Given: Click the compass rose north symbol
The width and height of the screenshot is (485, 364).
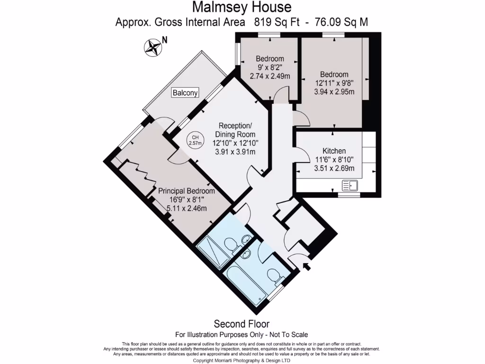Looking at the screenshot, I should (x=153, y=46).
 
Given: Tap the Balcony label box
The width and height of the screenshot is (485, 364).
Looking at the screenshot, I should (x=185, y=93).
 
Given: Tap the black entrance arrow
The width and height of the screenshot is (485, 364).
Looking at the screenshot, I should (x=306, y=266).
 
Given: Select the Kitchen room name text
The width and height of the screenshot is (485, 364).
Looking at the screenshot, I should (x=334, y=151).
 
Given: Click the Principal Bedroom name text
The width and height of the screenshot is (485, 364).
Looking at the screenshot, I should (x=186, y=191).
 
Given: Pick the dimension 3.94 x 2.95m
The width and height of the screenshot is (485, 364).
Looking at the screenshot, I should (x=334, y=91).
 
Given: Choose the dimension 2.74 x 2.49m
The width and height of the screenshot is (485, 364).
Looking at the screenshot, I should (x=270, y=76).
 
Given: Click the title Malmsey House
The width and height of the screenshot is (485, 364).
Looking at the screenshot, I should (x=242, y=8).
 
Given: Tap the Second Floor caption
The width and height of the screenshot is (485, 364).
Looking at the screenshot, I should (x=242, y=324).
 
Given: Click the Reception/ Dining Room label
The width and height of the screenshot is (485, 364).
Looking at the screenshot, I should (x=235, y=130).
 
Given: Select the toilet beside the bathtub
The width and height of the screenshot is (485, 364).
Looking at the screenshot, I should (x=274, y=275).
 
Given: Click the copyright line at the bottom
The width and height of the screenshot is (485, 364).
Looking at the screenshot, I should (x=242, y=360).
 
